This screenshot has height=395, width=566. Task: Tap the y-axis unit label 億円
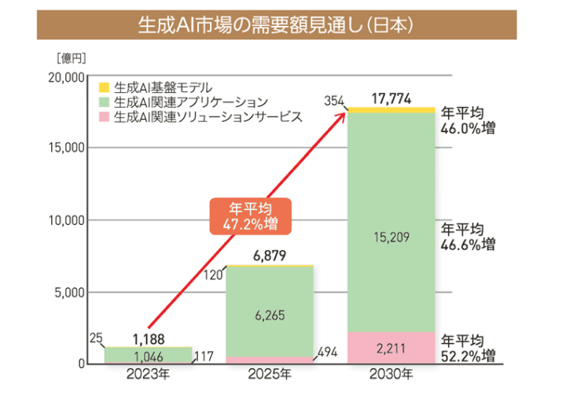[x=69, y=58]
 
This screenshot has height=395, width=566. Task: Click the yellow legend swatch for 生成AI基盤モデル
[x=103, y=87]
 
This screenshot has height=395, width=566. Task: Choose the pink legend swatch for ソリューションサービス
[x=103, y=116]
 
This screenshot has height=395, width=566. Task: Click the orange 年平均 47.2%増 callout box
[x=249, y=215]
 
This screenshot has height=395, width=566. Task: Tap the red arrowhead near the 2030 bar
[x=342, y=116]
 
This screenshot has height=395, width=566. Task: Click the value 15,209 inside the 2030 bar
[x=391, y=236]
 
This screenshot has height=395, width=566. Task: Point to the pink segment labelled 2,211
[x=391, y=347]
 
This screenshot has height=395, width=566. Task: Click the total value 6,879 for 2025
[x=270, y=256]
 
